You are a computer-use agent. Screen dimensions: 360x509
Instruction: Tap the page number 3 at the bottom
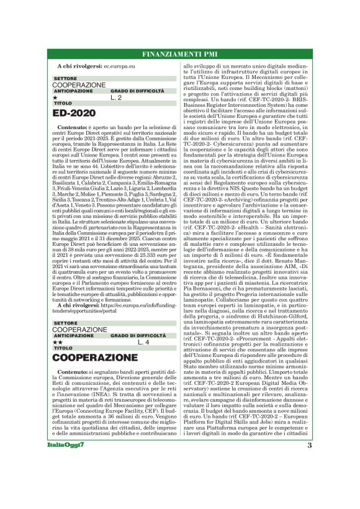pos(309,444)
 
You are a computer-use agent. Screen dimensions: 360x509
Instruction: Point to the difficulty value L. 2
pos(116,97)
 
